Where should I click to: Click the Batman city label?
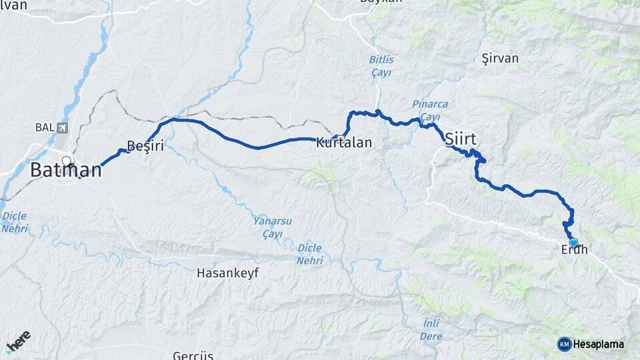66,170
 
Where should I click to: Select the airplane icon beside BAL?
63,127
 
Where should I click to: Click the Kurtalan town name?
343,143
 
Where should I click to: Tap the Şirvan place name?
499,59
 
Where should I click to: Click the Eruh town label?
575,251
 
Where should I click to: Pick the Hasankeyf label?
227,273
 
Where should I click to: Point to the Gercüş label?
193,355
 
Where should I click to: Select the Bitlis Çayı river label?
381,65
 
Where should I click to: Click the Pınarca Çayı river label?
430,111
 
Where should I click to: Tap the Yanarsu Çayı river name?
273,227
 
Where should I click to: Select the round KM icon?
565,344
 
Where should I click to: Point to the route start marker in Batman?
67,160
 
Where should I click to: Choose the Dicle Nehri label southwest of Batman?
15,222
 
